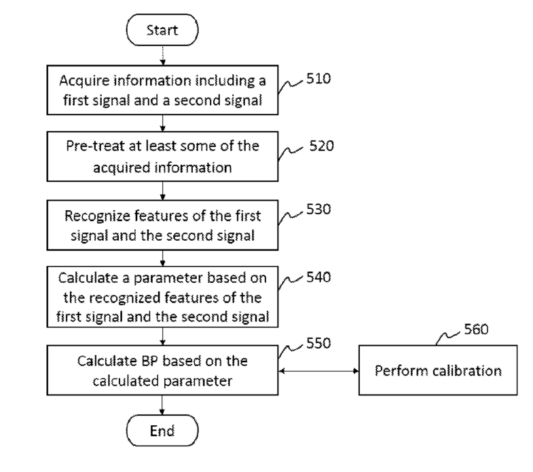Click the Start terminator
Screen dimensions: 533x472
tap(162, 30)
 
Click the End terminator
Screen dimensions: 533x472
tap(162, 430)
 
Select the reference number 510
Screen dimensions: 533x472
tap(318, 79)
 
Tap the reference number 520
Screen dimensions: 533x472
tap(322, 146)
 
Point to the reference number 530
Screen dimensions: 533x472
tap(318, 209)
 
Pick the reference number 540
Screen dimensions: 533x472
tap(318, 277)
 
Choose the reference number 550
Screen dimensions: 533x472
tap(318, 343)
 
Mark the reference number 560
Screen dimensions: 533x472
tap(476, 329)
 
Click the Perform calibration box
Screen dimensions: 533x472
tap(438, 370)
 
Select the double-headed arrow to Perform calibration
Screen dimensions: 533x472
tap(318, 371)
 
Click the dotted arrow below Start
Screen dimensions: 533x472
tap(163, 56)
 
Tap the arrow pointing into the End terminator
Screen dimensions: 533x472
tap(162, 405)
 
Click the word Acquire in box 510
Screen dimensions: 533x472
tap(84, 81)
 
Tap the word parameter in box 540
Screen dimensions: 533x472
tap(164, 279)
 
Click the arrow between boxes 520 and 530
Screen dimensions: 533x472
tap(162, 191)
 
